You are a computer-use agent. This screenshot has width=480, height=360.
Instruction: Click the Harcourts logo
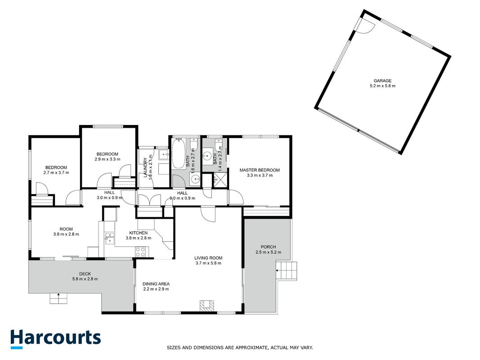pos(55,339)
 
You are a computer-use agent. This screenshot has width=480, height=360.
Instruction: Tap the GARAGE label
pos(383,81)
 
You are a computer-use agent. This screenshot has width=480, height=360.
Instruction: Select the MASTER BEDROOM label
pos(260,170)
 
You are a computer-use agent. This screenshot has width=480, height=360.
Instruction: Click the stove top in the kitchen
pos(140,252)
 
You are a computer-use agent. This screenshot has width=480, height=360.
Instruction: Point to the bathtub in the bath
pos(178,153)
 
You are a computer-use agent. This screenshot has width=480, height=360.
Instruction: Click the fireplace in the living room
pos(206,306)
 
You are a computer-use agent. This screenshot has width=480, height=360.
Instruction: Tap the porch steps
pos(287,270)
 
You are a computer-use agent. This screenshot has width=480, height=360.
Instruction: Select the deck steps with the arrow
pos(58,298)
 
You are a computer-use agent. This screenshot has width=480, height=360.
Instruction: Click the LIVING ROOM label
pos(208,258)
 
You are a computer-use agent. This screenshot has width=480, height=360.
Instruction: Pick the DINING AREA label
pos(156,284)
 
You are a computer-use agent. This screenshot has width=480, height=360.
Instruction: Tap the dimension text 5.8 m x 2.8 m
pos(85,279)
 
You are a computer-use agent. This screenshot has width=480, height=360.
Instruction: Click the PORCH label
pos(269,247)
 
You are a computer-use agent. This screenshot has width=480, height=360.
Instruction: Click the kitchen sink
pos(109,238)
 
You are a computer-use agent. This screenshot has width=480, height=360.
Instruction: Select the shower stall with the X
pos(219,180)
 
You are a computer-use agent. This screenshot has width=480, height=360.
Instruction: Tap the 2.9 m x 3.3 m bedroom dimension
pos(108,159)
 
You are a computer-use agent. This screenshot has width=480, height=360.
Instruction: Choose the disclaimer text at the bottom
pos(240,348)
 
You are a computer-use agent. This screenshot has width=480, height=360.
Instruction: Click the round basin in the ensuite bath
pos(207,154)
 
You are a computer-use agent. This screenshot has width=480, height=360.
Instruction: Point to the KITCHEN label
pos(139,233)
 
